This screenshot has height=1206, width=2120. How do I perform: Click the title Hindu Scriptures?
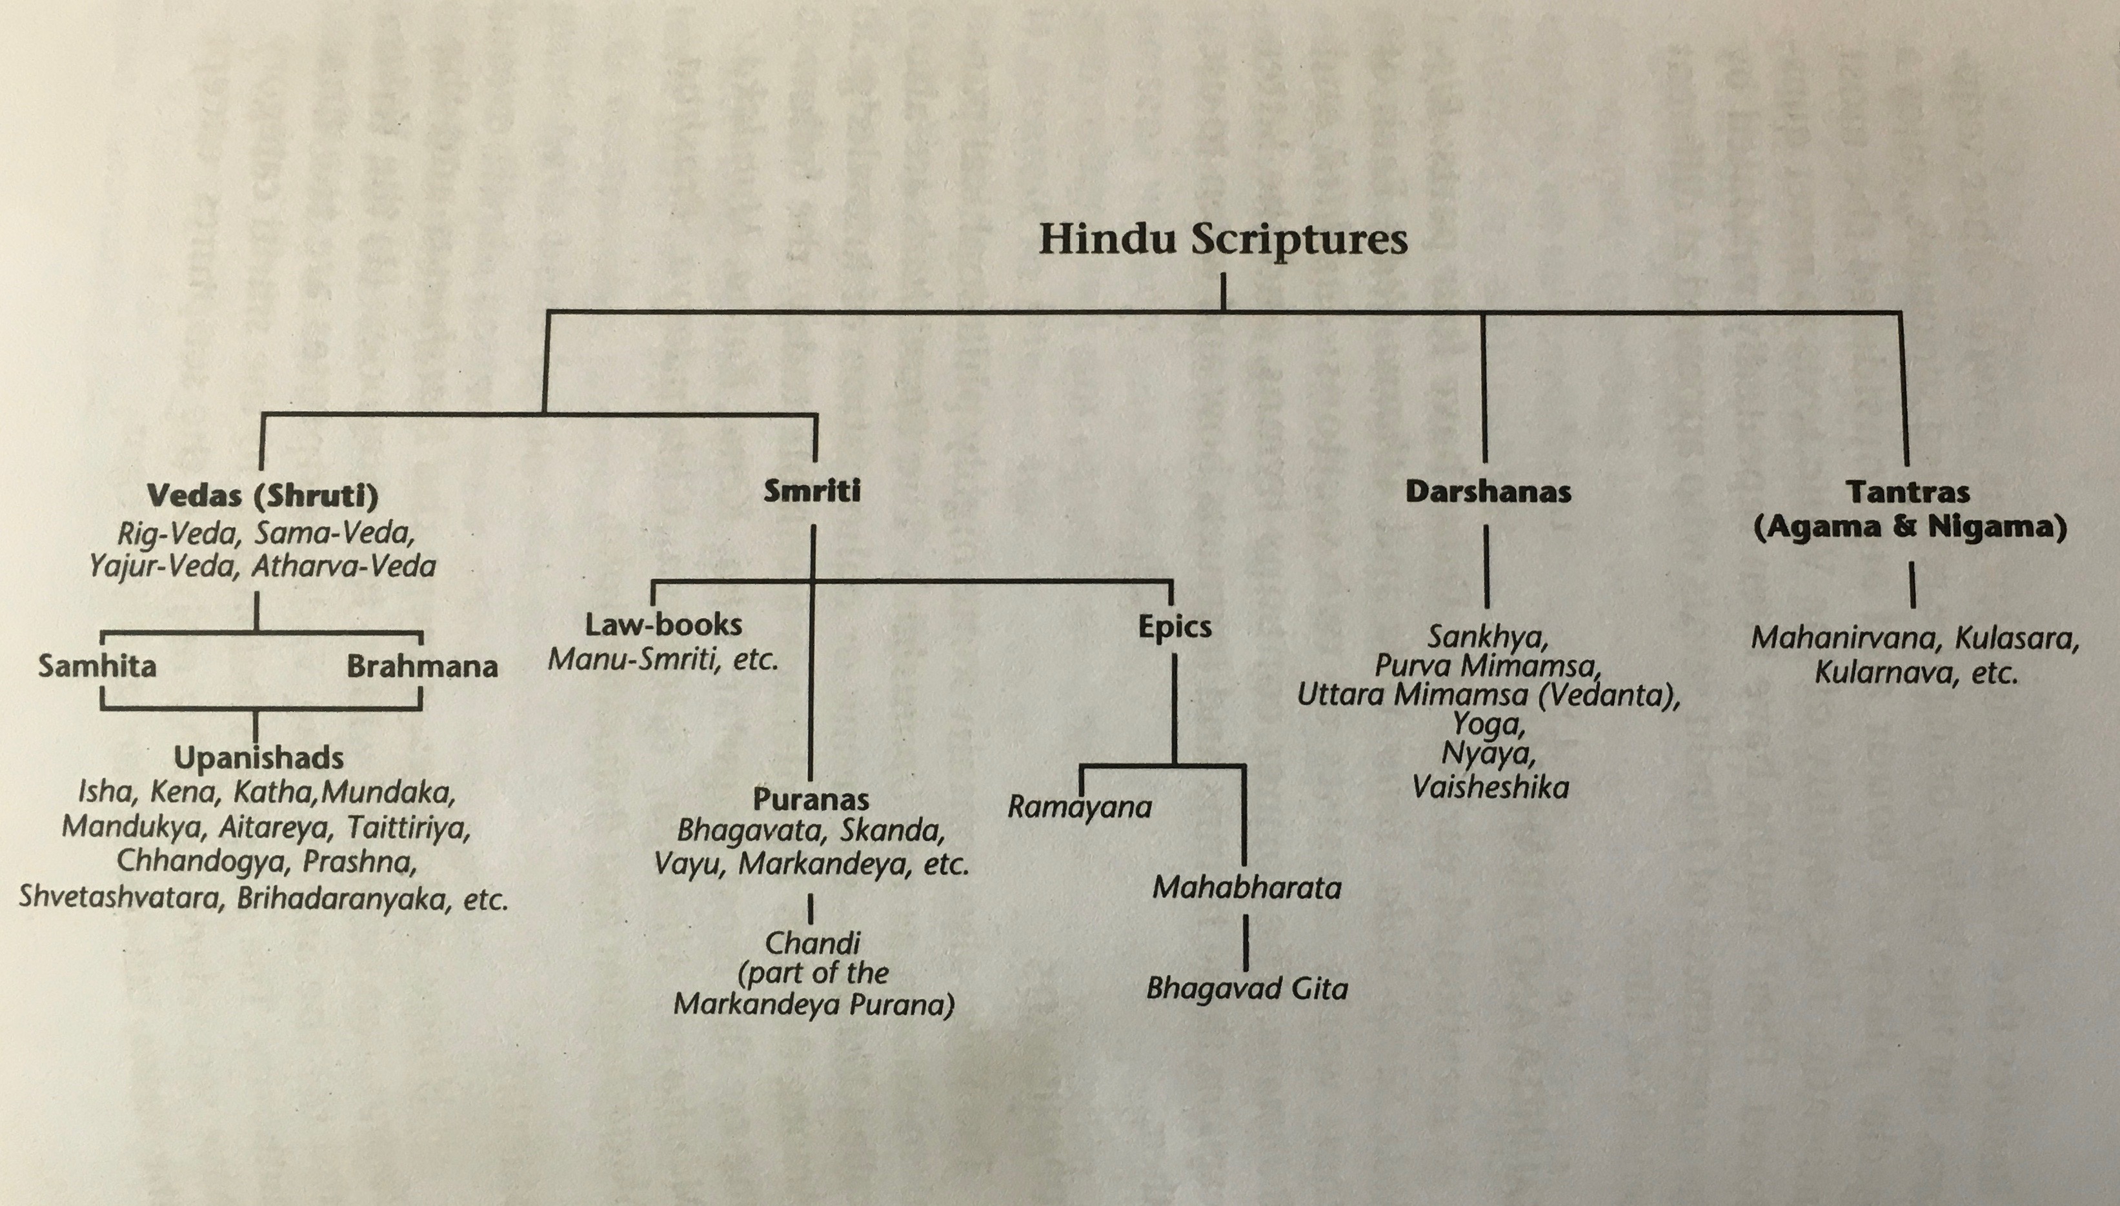tap(1223, 240)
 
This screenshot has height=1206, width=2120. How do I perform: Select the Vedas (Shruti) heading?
tap(262, 496)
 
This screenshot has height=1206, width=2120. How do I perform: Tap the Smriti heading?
tap(811, 491)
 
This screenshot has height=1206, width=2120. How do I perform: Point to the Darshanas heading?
tap(1488, 492)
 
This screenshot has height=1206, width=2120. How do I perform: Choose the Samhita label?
tap(97, 666)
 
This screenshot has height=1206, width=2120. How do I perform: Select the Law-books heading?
tap(663, 625)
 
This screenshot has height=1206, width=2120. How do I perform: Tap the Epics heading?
tap(1174, 627)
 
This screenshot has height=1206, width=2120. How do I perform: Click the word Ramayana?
tap(1080, 807)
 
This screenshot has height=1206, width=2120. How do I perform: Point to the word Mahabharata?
tap(1246, 889)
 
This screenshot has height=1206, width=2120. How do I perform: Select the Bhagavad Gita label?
tap(1246, 988)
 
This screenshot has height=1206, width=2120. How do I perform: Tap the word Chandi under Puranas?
tap(812, 943)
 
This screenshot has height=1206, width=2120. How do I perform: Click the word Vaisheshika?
tap(1489, 787)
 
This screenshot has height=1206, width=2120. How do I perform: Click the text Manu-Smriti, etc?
tap(663, 660)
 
